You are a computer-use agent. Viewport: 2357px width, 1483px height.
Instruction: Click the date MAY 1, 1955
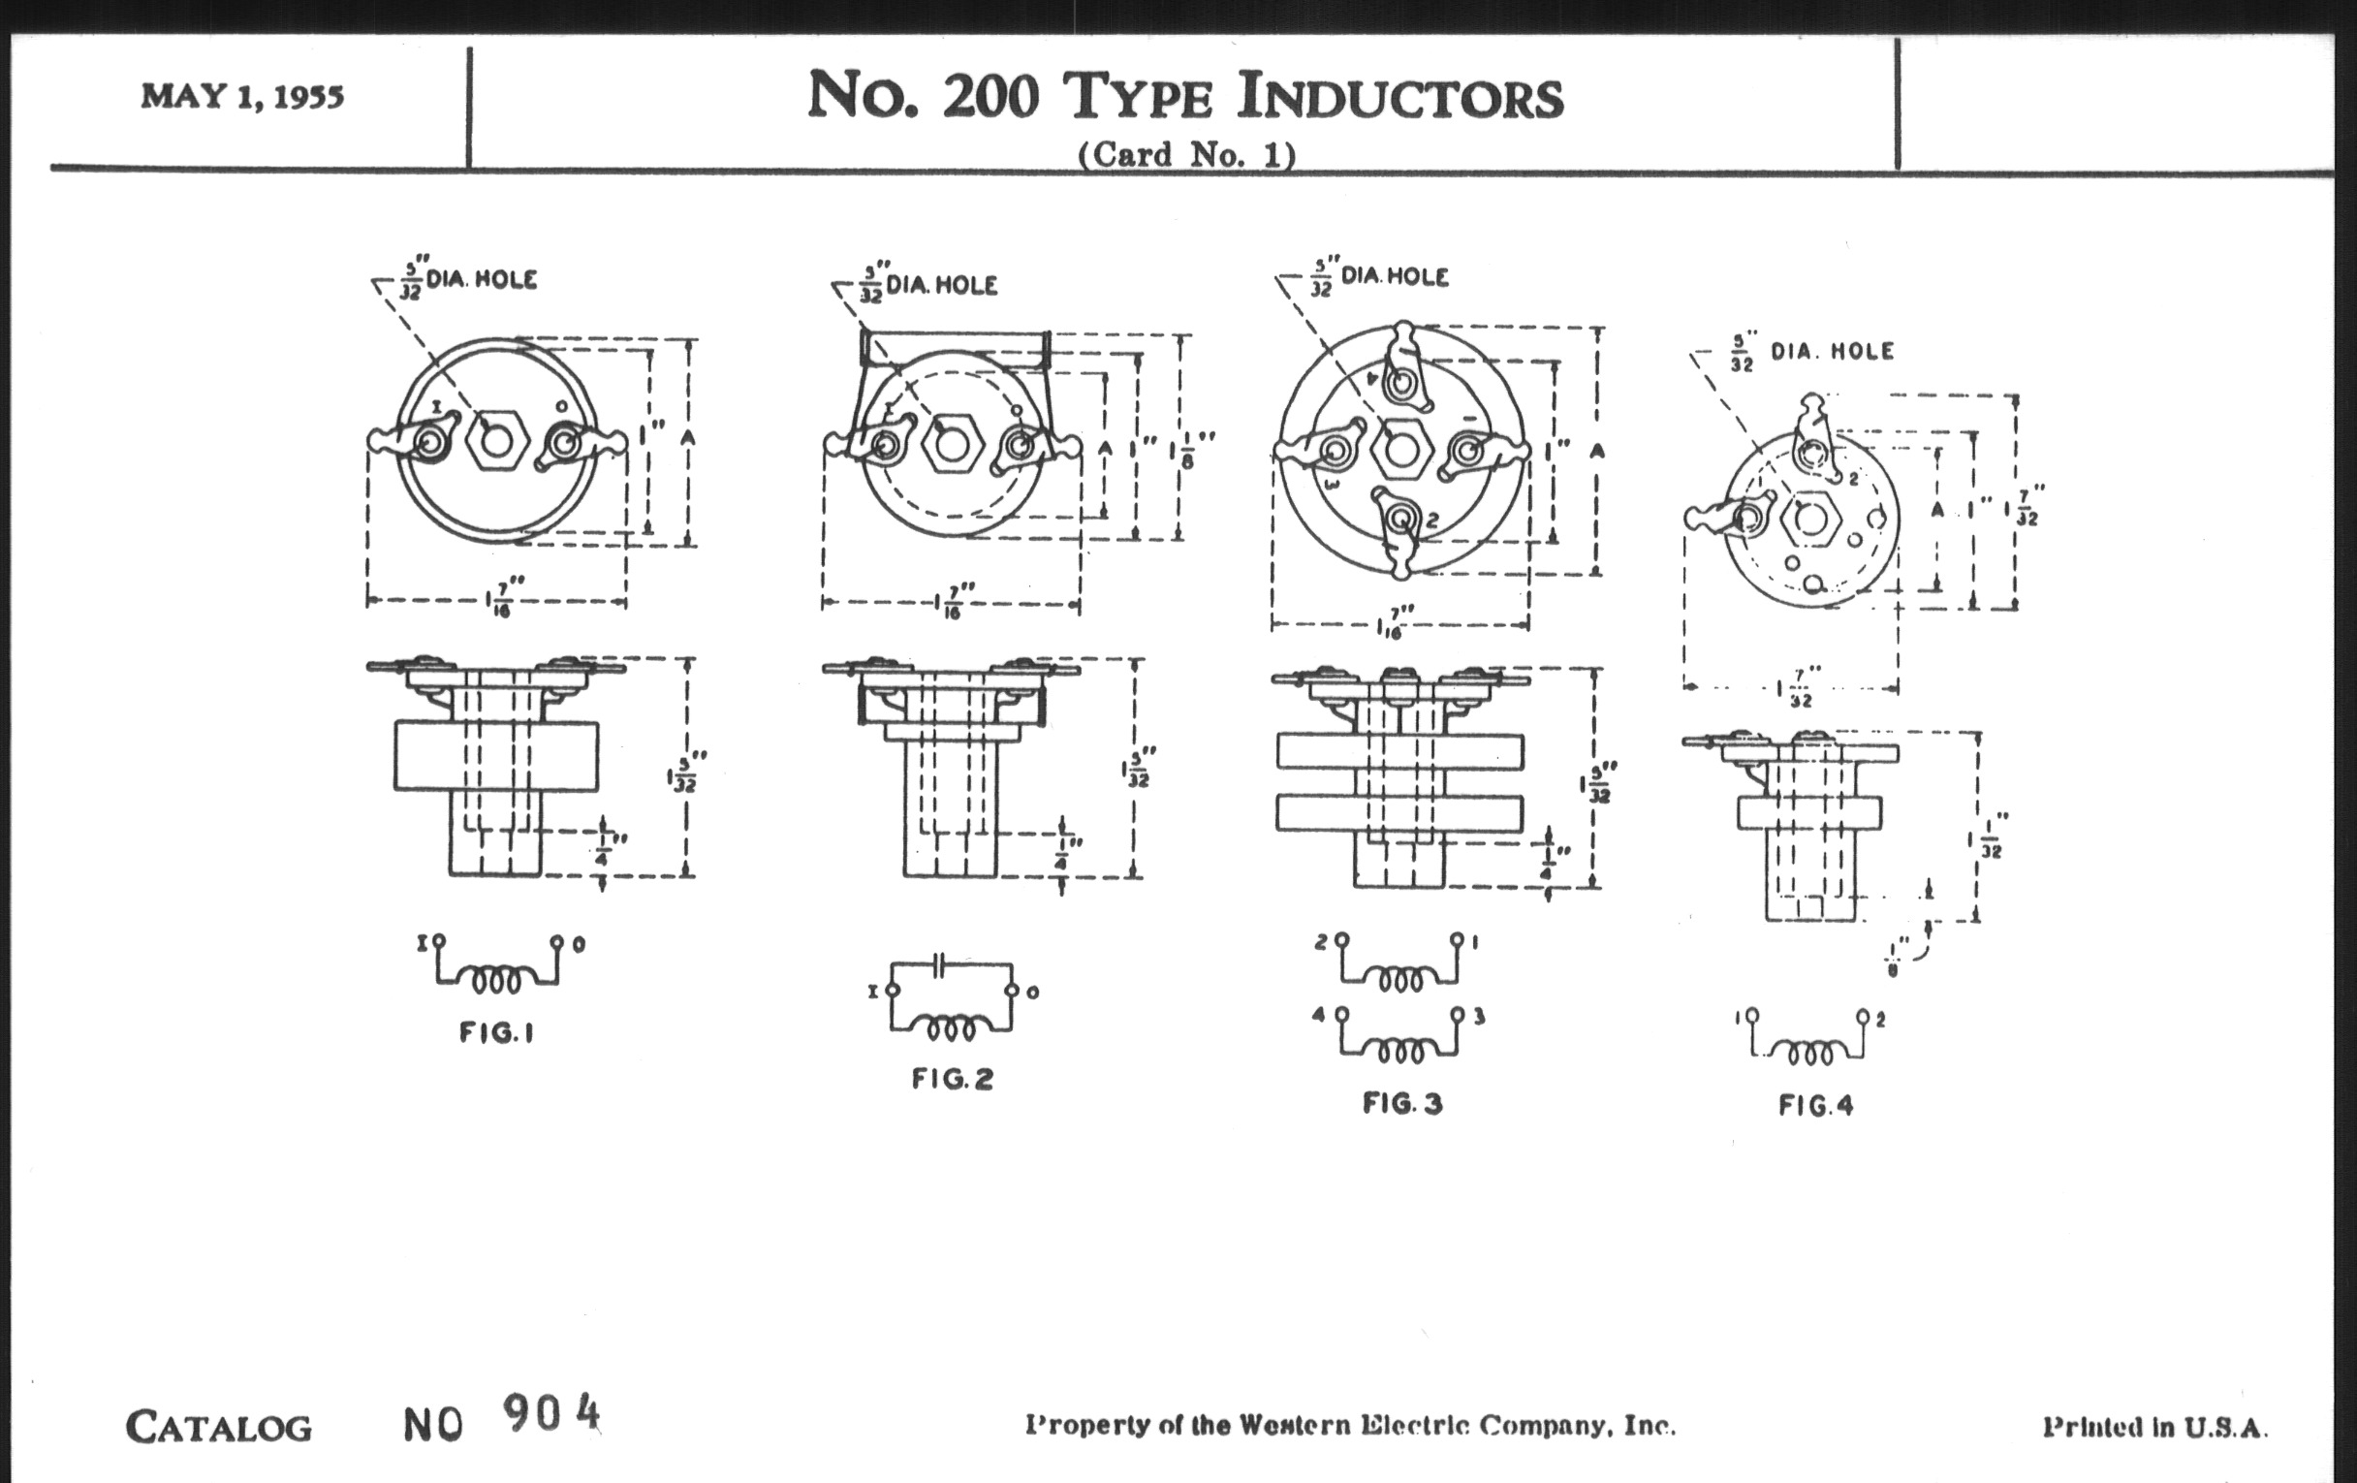[241, 97]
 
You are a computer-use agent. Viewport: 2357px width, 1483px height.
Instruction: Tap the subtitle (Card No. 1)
[1186, 155]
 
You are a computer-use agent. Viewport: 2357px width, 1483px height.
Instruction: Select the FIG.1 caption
[496, 1032]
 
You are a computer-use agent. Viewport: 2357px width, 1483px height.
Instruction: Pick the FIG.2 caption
[953, 1079]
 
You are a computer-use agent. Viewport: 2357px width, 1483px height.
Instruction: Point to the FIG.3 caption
[1402, 1104]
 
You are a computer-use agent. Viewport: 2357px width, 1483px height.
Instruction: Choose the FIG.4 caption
[1815, 1106]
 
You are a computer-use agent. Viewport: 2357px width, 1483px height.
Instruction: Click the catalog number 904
[551, 1413]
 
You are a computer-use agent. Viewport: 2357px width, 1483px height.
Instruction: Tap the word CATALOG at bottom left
[218, 1427]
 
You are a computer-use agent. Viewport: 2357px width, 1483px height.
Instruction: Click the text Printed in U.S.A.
[2153, 1427]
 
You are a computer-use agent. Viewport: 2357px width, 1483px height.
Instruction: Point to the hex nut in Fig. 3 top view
[1401, 450]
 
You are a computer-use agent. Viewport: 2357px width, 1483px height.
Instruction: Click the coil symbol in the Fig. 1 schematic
[496, 978]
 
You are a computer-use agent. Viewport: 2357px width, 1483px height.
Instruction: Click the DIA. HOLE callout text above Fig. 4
[1832, 352]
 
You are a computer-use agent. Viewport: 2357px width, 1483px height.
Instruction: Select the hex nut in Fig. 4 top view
[1810, 518]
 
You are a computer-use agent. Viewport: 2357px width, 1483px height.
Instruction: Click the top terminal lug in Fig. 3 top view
[1403, 367]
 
